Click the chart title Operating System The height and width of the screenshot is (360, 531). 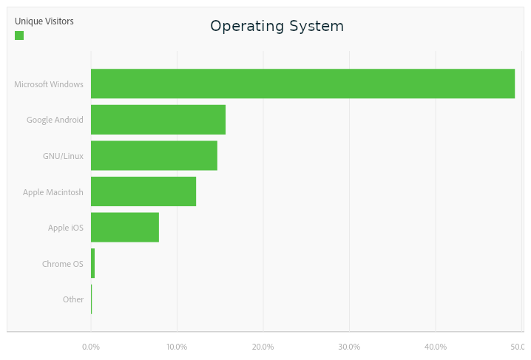click(x=277, y=26)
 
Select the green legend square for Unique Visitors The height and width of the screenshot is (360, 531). click(x=19, y=35)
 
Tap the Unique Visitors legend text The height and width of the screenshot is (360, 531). click(x=44, y=21)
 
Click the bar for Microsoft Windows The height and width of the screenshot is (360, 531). click(x=302, y=84)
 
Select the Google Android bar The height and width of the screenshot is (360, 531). click(x=158, y=120)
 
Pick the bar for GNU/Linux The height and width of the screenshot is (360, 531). click(x=154, y=155)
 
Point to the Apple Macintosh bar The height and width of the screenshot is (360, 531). click(x=143, y=191)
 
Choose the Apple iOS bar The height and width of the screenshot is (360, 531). click(x=125, y=227)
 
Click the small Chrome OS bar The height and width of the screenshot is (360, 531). click(x=93, y=263)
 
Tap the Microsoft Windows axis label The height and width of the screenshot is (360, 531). click(x=49, y=84)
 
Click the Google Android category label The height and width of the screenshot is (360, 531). click(x=55, y=120)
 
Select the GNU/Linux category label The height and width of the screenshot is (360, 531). click(x=63, y=156)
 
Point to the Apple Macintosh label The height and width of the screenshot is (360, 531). click(x=53, y=192)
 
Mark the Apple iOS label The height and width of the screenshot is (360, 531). click(x=66, y=228)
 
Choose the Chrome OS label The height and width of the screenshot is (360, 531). click(x=63, y=264)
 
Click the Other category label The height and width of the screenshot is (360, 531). click(x=73, y=299)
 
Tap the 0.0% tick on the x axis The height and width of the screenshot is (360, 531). click(x=91, y=347)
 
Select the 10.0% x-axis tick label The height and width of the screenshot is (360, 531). click(x=177, y=347)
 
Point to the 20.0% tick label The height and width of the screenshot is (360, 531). click(x=263, y=347)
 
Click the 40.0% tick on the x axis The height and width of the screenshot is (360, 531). click(x=436, y=347)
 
